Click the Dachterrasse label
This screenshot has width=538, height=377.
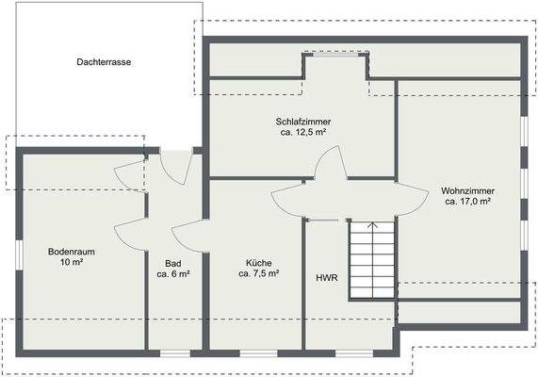(105, 61)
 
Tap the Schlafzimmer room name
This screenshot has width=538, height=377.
(303, 122)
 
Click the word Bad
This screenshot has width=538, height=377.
(173, 263)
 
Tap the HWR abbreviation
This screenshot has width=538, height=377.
(327, 278)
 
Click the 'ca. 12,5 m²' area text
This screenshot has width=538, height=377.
(303, 134)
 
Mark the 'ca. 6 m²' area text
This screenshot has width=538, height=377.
(173, 274)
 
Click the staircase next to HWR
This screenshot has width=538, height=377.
(373, 259)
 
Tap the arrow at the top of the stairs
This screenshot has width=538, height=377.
(373, 226)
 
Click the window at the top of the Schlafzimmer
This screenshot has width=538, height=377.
(334, 55)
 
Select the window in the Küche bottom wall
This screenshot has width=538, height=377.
(254, 353)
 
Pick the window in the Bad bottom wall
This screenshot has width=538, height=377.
(174, 353)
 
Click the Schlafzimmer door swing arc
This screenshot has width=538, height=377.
(330, 165)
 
